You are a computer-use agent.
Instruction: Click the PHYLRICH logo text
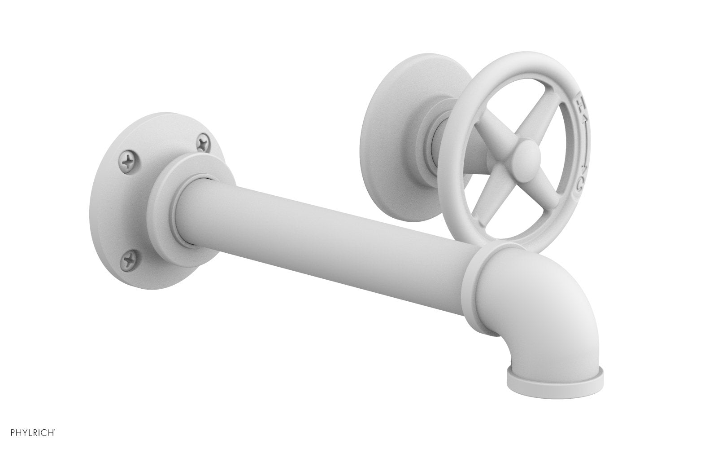point(28,433)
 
